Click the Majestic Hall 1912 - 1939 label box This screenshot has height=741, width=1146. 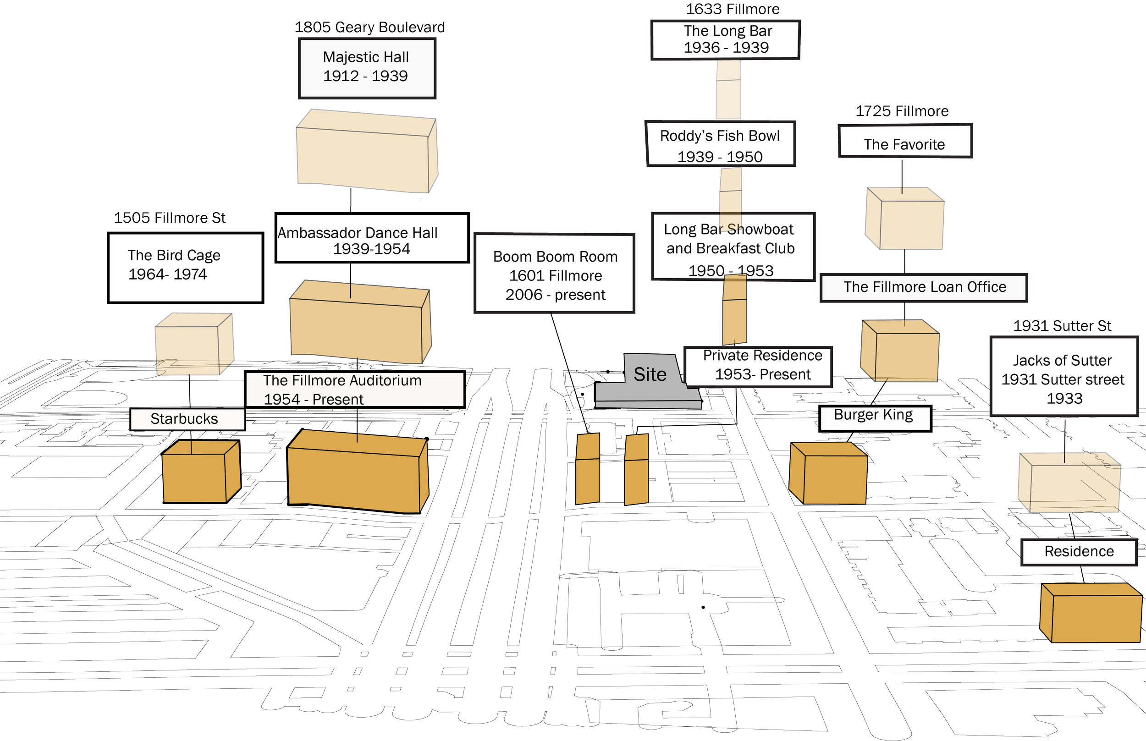click(367, 68)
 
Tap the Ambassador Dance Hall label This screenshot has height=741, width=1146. click(372, 239)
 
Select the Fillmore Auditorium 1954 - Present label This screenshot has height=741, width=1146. click(355, 389)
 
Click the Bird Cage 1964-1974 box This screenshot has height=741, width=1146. click(186, 268)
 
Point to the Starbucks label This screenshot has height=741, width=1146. click(187, 419)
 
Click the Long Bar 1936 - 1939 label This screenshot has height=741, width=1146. click(726, 39)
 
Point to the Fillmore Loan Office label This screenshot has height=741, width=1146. click(924, 288)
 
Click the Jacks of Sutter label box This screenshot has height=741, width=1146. click(1063, 377)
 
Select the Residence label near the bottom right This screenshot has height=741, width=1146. click(1079, 552)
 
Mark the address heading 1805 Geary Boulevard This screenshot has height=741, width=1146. click(369, 27)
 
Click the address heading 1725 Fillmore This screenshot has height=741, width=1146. click(902, 111)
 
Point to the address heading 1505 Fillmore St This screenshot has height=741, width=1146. click(170, 218)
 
